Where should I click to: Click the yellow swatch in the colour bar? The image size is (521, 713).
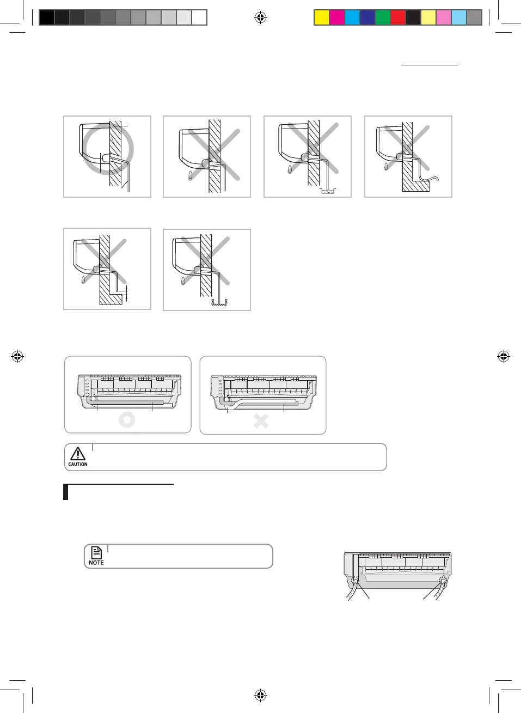click(322, 18)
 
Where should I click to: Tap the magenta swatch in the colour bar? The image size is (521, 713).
click(337, 18)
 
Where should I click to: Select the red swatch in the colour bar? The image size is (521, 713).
click(398, 18)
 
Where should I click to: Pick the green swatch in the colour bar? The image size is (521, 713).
click(383, 18)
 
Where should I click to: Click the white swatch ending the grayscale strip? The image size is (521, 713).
click(199, 18)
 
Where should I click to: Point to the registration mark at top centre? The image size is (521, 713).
click(261, 18)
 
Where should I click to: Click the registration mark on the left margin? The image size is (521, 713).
click(17, 357)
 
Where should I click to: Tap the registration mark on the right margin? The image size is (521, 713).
click(504, 357)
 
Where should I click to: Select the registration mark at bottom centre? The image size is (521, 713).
click(261, 695)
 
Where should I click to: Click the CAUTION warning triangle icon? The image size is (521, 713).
click(78, 454)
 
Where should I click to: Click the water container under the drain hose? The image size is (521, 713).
click(328, 191)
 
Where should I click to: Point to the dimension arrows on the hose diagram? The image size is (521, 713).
click(126, 292)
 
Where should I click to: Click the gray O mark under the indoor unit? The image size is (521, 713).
click(127, 420)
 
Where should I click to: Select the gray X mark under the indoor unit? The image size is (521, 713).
click(261, 421)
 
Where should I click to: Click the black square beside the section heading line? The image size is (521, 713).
click(66, 492)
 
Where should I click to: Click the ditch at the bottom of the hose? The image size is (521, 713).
click(220, 303)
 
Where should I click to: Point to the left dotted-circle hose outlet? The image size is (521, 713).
click(355, 581)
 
